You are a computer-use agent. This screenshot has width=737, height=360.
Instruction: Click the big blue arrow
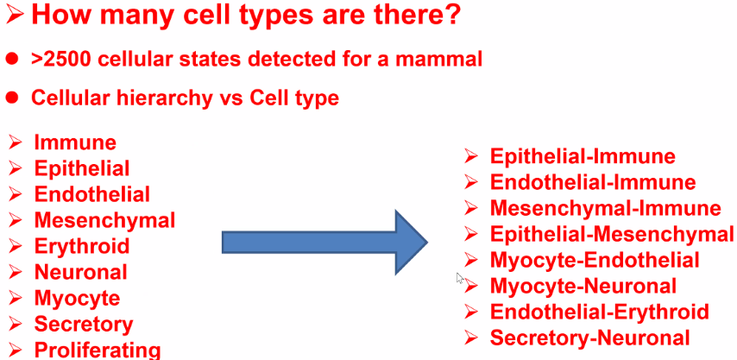(324, 243)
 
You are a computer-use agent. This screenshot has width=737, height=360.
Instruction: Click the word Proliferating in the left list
(98, 351)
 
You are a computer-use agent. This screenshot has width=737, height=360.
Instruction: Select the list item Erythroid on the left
(82, 246)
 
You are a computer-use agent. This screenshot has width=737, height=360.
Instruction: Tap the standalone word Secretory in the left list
(84, 325)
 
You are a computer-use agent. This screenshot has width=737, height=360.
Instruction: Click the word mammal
(443, 60)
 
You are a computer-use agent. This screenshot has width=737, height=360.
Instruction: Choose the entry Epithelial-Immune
(583, 156)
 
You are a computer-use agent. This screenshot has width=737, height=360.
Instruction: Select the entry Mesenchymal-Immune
(606, 208)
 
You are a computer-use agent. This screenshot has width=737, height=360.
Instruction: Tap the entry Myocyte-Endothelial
(595, 260)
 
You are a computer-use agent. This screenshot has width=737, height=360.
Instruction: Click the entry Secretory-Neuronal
(590, 338)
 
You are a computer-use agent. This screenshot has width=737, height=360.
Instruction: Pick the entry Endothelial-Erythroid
(599, 312)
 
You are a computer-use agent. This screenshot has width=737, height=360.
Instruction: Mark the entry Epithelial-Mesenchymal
(612, 234)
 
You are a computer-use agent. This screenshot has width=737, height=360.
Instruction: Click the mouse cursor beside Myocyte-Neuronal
(460, 278)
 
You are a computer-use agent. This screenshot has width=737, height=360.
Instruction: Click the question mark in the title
(451, 15)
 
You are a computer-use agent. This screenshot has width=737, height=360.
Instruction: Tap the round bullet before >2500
(12, 59)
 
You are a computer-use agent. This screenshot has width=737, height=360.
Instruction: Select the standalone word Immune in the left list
(75, 142)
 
